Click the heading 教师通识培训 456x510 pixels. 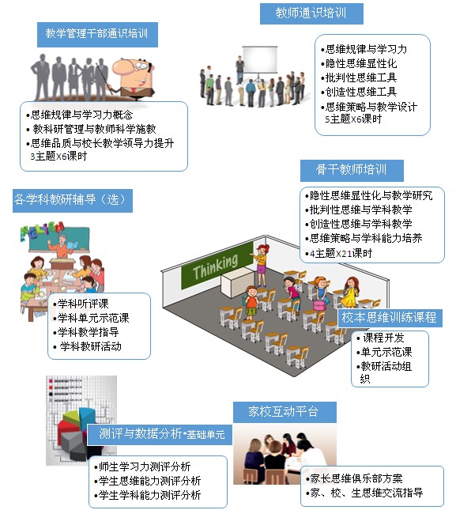[x=311, y=13]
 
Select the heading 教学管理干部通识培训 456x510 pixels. [x=96, y=33]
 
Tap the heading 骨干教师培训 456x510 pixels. [x=351, y=169]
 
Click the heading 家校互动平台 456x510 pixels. [x=283, y=411]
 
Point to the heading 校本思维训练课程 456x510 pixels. [x=389, y=317]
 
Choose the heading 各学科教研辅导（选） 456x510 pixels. [x=70, y=199]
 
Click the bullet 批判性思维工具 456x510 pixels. [x=359, y=77]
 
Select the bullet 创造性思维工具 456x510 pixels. [x=359, y=92]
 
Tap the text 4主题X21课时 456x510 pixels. [x=341, y=253]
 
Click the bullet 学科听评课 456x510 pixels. [x=81, y=304]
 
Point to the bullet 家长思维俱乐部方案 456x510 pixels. [x=354, y=478]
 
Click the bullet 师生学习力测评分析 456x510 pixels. [x=142, y=467]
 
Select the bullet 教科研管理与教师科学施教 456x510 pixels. [x=92, y=129]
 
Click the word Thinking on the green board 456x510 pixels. [x=215, y=267]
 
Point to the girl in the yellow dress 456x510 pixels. [x=350, y=292]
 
